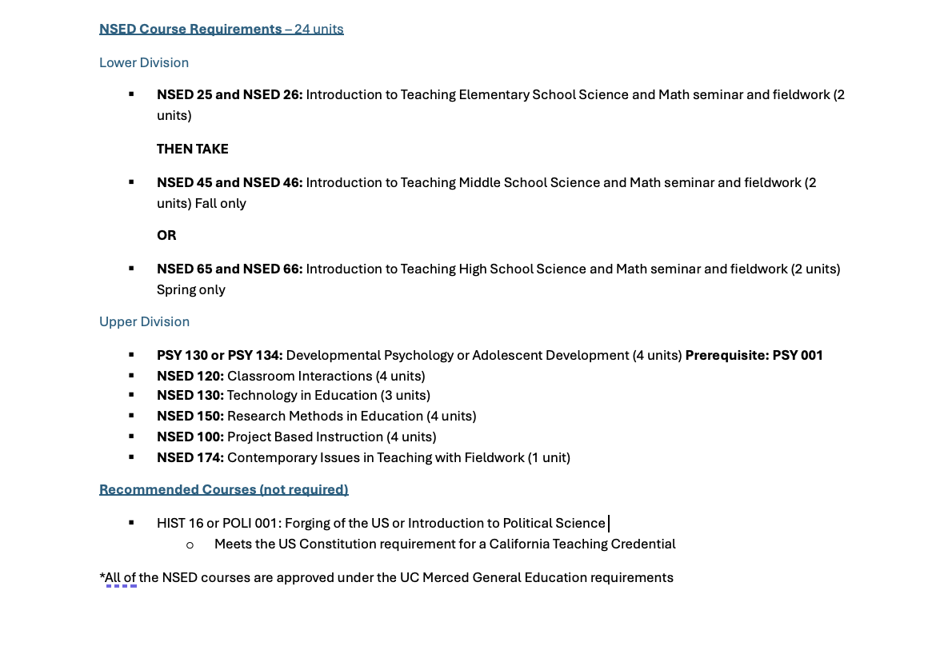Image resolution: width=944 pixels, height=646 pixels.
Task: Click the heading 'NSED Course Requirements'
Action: (x=190, y=30)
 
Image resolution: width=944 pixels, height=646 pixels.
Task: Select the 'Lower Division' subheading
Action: (x=144, y=62)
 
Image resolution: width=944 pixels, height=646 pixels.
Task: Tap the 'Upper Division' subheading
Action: (x=144, y=321)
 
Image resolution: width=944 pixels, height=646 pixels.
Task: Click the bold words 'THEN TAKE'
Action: (x=193, y=149)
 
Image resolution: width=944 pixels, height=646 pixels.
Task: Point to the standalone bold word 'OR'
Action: (x=166, y=235)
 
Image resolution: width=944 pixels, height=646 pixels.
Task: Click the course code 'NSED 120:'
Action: (x=190, y=376)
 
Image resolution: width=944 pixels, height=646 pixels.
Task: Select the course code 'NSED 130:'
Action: (x=190, y=395)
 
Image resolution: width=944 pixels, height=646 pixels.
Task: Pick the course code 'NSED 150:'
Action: (x=190, y=416)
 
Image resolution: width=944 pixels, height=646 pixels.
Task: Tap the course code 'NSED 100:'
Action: (x=190, y=437)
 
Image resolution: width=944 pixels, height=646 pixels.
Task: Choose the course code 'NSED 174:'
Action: (x=190, y=457)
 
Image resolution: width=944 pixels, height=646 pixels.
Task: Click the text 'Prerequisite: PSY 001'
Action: (x=754, y=355)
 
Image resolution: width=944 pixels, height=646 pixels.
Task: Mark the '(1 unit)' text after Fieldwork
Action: (x=549, y=457)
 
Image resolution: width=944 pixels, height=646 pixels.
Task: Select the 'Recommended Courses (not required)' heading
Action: (x=224, y=489)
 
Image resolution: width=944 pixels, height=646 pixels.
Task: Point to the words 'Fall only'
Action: (x=221, y=203)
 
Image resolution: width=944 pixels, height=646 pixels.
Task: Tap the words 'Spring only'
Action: (x=191, y=289)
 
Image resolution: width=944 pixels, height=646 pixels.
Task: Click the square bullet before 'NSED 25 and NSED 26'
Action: (x=131, y=94)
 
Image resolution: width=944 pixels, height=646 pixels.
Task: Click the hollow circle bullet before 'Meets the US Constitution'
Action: (x=190, y=544)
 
